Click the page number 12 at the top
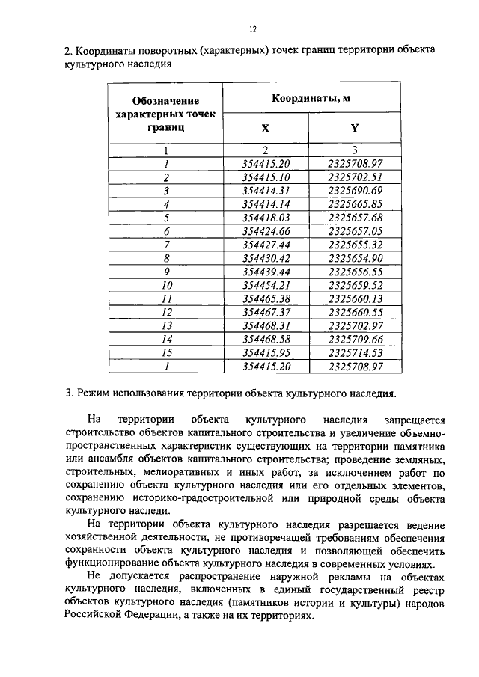[252, 28]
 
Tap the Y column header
[355, 128]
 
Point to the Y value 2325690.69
[355, 191]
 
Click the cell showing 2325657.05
[355, 231]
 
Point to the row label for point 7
[166, 245]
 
